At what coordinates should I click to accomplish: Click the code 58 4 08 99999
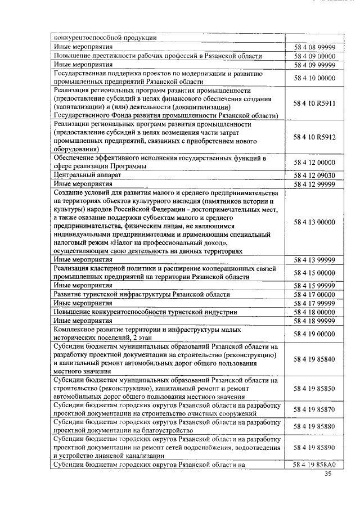point(314,47)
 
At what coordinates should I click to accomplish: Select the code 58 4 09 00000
point(314,56)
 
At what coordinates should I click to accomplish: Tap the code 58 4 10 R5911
point(314,104)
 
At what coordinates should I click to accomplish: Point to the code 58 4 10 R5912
point(314,137)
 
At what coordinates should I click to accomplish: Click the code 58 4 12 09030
point(314,175)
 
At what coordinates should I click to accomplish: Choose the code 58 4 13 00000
point(314,222)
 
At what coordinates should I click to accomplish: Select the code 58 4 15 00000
point(314,273)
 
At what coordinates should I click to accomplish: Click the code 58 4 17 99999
point(314,303)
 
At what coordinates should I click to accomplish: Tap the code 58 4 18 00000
point(314,312)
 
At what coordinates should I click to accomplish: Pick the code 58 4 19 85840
point(314,359)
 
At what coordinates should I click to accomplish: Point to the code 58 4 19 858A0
point(314,465)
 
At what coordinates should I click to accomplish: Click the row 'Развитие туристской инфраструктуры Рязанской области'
point(141,295)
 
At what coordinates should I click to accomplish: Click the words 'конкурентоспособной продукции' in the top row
point(105,38)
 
